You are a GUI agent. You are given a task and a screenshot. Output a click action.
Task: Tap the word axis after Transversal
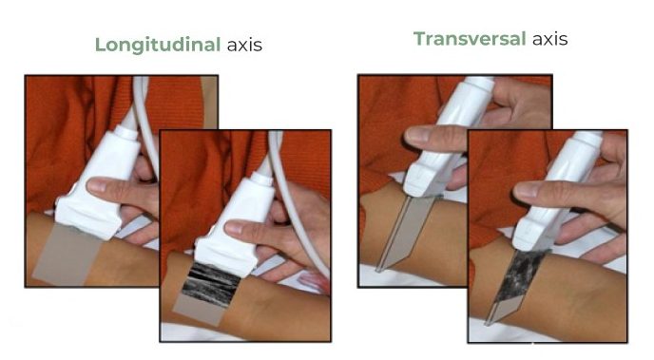549,39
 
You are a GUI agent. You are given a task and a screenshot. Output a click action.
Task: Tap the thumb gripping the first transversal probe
433,138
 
